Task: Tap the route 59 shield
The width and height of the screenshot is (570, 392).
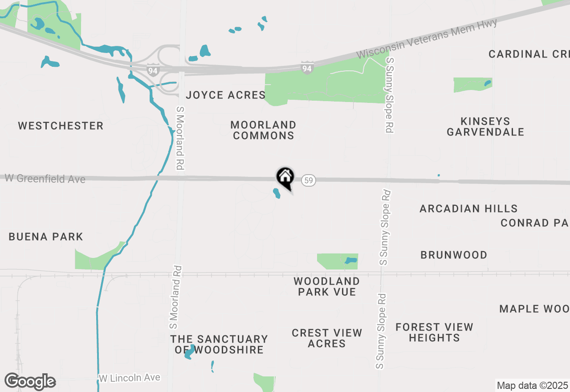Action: (309, 180)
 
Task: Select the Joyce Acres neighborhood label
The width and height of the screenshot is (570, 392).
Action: (226, 95)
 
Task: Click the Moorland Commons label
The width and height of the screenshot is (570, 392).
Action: (264, 130)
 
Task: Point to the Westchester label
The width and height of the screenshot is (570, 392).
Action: (61, 126)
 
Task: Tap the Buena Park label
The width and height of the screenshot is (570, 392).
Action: (46, 237)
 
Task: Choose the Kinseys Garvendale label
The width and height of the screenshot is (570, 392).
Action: (485, 127)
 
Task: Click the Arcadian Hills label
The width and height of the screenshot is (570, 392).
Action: (468, 208)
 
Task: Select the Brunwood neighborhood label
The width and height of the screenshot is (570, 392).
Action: (454, 255)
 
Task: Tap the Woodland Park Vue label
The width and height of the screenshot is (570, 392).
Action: (327, 286)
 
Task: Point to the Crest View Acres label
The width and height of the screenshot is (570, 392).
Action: (327, 338)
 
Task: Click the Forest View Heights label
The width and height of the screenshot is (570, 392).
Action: (434, 332)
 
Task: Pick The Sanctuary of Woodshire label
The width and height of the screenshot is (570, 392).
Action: (219, 344)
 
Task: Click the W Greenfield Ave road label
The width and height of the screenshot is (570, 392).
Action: (45, 179)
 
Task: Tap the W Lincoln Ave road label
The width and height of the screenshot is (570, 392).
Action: (129, 378)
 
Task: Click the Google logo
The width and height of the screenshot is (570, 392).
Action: (30, 381)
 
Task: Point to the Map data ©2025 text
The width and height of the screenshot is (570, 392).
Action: (532, 385)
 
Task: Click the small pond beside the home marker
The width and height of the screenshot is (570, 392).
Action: (277, 193)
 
